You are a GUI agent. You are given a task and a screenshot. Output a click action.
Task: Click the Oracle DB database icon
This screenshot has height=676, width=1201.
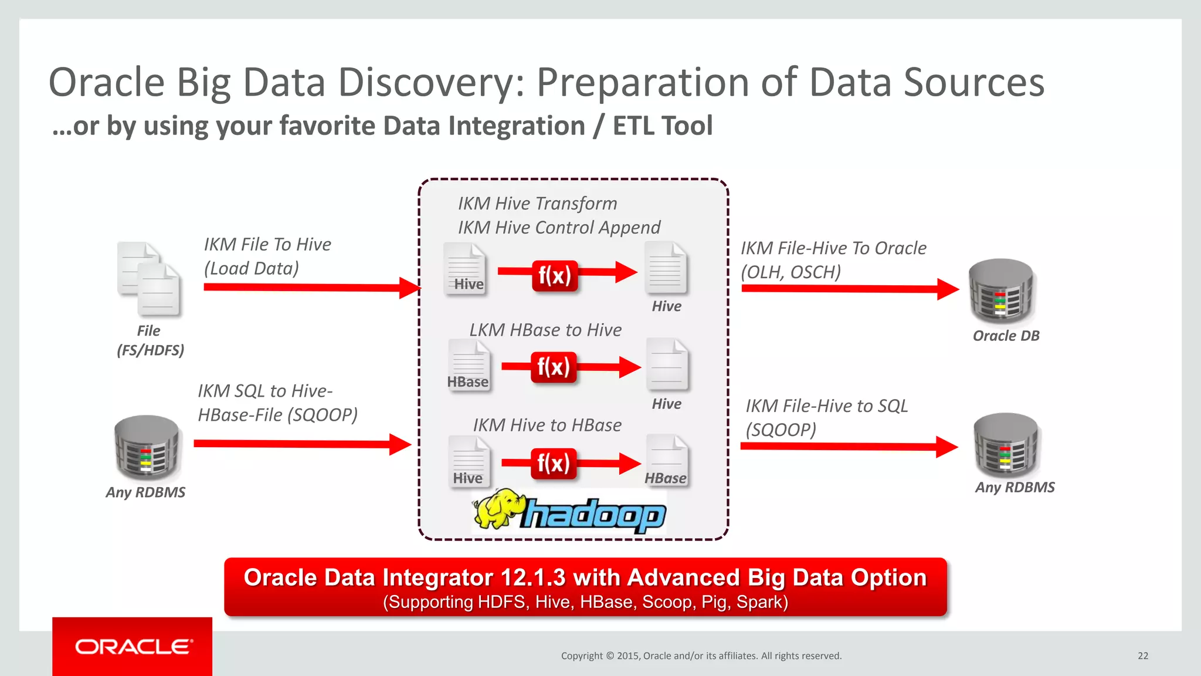(1000, 291)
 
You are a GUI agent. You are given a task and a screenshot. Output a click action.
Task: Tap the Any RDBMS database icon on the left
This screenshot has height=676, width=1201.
(147, 448)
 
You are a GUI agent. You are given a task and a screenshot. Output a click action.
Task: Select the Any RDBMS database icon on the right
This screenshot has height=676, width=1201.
(1006, 444)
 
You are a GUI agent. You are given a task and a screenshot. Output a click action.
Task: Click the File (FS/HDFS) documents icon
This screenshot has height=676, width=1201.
(149, 279)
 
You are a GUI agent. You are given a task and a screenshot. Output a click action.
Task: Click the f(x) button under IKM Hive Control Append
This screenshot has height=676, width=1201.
(554, 275)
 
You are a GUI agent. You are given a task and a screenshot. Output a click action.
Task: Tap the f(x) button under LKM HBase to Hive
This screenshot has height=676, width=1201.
(553, 367)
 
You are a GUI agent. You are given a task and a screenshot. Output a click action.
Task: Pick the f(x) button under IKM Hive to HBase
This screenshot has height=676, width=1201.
(553, 464)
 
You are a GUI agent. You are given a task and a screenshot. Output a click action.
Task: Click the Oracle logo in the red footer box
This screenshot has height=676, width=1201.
(133, 647)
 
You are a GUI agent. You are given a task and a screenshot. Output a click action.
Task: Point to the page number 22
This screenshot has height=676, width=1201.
(1143, 656)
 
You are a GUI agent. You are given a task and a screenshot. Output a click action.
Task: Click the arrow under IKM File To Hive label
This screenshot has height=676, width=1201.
(311, 288)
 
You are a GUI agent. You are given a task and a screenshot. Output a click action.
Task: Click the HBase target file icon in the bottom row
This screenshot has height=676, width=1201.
(666, 461)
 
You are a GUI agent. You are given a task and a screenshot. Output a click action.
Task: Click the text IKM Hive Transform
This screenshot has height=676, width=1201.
(537, 204)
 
